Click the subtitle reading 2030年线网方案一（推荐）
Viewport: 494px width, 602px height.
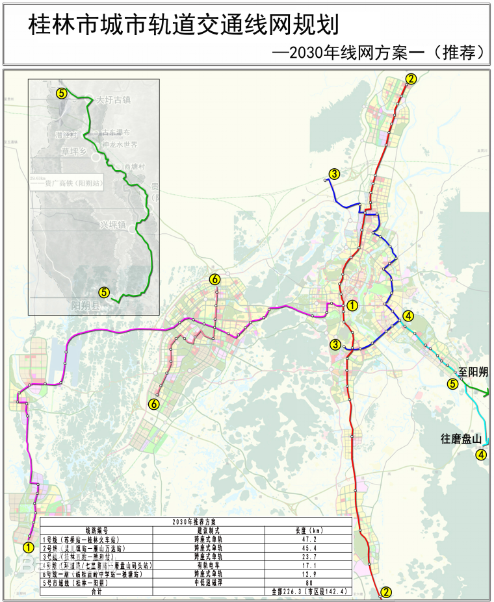pyautogui.click(x=380, y=53)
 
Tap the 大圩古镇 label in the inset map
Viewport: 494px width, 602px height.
pyautogui.click(x=114, y=101)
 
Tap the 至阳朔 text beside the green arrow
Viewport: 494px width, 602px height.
pyautogui.click(x=473, y=372)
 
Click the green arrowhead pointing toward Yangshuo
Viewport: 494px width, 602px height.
pyautogui.click(x=487, y=392)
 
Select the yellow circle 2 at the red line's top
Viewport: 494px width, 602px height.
pyautogui.click(x=410, y=79)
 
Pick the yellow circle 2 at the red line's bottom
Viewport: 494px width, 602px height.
pyautogui.click(x=386, y=592)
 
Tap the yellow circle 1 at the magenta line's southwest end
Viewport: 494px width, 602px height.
pyautogui.click(x=28, y=547)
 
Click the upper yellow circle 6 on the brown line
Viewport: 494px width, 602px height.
pyautogui.click(x=215, y=280)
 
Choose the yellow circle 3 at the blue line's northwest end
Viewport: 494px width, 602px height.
pyautogui.click(x=333, y=173)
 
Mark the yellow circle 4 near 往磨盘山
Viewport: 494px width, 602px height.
pyautogui.click(x=481, y=455)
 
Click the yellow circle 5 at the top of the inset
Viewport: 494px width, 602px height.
pyautogui.click(x=61, y=94)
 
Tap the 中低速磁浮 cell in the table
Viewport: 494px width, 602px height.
pyautogui.click(x=208, y=583)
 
